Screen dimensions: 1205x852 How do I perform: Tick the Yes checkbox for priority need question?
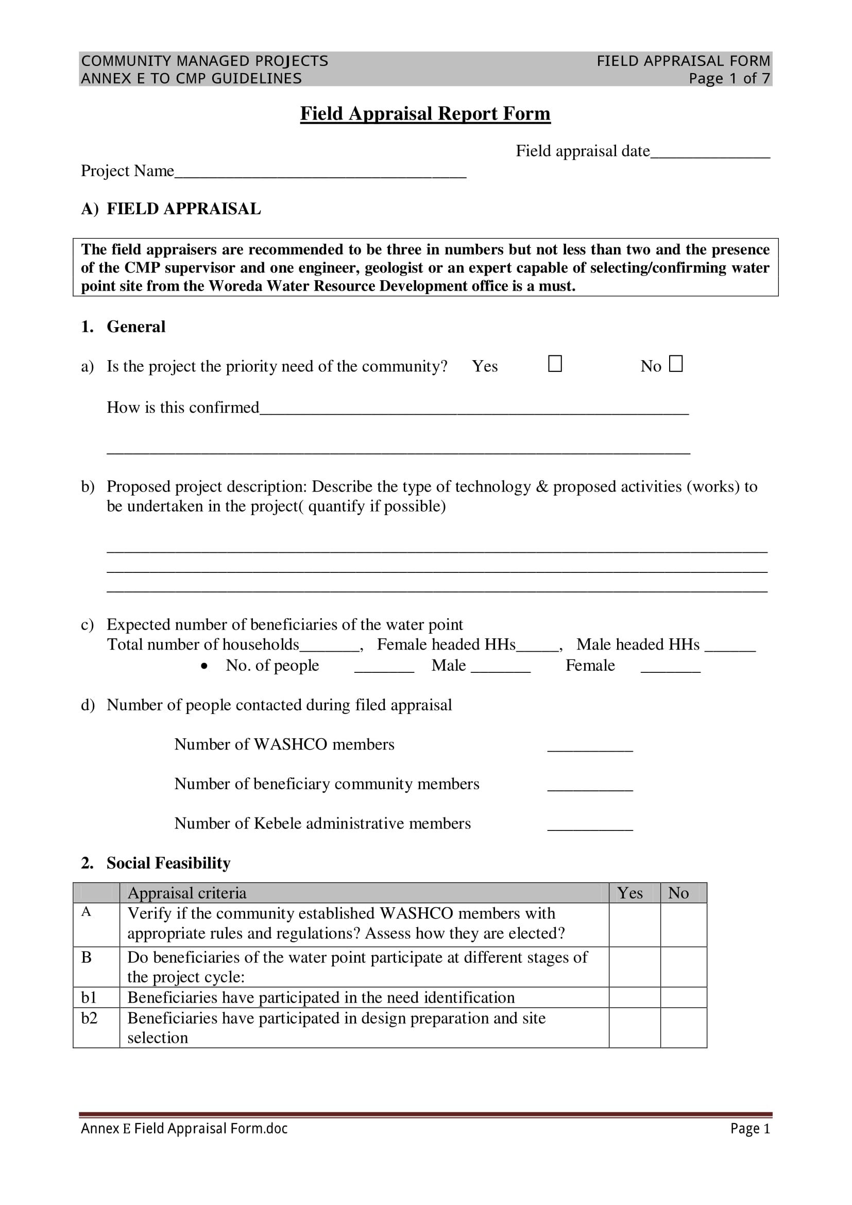pos(555,364)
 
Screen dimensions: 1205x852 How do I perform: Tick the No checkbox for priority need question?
pos(676,364)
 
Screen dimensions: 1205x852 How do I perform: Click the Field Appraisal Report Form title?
pos(425,113)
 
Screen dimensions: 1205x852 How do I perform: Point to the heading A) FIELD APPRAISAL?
pos(171,209)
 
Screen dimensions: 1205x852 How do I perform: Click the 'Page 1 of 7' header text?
pos(729,79)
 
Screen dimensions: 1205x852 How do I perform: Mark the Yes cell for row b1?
pos(634,997)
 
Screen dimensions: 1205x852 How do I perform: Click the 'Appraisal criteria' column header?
pos(187,893)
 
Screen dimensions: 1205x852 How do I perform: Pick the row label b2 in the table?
pos(89,1018)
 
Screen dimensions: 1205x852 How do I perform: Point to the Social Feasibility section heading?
pos(168,863)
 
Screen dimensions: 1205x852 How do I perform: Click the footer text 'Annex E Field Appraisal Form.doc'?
pos(184,1128)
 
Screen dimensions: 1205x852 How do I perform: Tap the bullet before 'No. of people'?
pos(205,666)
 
